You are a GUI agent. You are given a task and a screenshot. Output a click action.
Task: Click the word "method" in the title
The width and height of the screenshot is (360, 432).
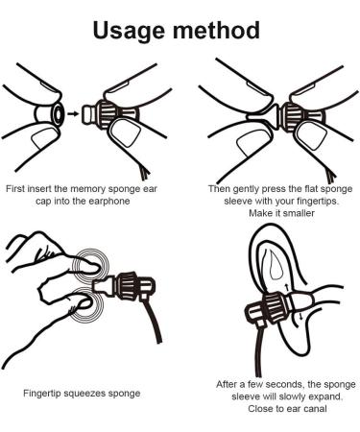coord(216,30)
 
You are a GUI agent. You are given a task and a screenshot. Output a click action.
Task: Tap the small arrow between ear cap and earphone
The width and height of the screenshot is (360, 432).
coord(73,113)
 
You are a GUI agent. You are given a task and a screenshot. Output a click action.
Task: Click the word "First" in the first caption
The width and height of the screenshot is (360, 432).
coord(15,188)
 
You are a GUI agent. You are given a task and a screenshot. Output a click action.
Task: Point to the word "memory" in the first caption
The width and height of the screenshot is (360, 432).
coord(87,188)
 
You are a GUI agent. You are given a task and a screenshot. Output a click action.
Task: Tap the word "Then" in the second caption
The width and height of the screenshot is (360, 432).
coord(219,189)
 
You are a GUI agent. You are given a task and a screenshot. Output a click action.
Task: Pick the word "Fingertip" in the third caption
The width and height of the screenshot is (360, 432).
coord(42,394)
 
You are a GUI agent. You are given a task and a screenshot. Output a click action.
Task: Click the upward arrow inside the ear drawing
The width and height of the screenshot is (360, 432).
coord(287,286)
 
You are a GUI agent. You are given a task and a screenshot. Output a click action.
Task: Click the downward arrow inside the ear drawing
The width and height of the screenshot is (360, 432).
coord(300,317)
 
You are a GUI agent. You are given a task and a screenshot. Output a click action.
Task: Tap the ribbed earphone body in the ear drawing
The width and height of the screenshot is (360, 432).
coord(275,307)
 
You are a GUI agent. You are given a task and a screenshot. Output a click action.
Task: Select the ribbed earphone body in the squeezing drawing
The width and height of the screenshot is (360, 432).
coord(127,284)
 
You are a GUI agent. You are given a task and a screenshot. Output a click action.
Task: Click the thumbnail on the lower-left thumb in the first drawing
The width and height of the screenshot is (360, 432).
coord(44,138)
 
